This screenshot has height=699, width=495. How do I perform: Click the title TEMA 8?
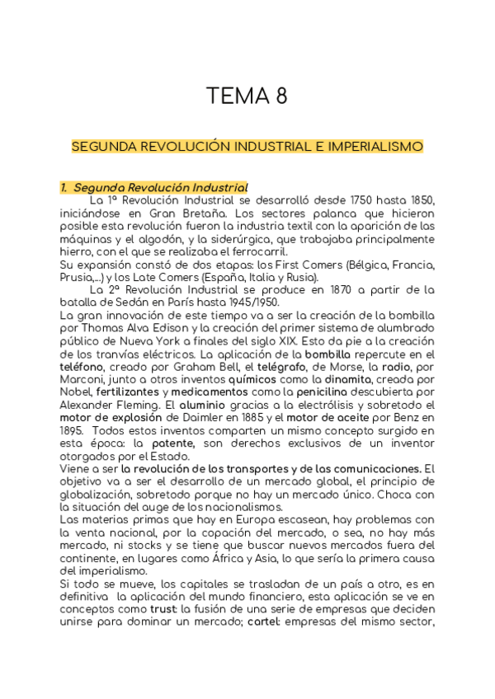(x=247, y=96)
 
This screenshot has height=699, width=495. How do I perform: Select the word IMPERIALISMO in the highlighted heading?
(x=375, y=147)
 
